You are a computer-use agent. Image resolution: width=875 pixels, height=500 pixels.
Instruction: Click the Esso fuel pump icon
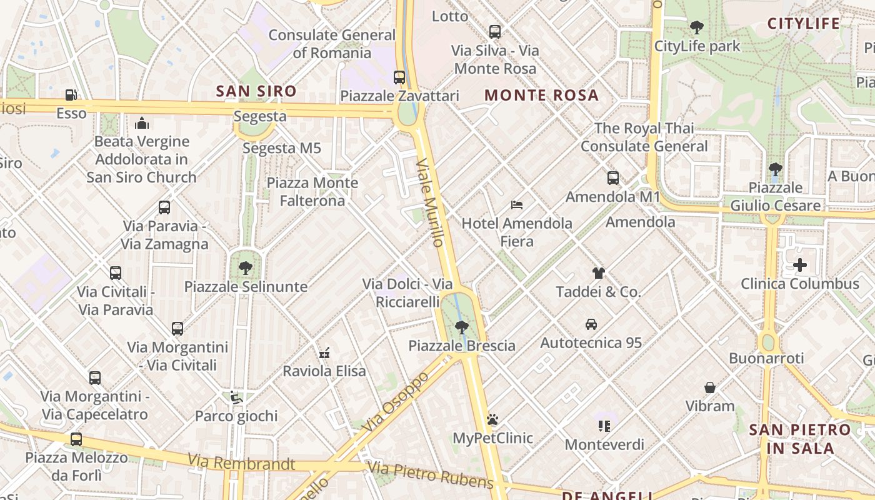(x=71, y=95)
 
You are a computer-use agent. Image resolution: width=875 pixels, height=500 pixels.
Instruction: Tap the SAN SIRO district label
(x=256, y=91)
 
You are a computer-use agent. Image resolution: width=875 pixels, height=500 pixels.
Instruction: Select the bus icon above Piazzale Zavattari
(x=399, y=77)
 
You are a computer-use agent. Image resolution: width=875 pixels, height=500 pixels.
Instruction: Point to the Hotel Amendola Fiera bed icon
(x=517, y=204)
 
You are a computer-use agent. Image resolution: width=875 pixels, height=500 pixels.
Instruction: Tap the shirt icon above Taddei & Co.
(x=599, y=272)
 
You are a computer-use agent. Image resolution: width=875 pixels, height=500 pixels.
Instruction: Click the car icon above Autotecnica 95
(x=591, y=324)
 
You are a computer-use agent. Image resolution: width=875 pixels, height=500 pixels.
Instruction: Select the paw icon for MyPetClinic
(x=492, y=419)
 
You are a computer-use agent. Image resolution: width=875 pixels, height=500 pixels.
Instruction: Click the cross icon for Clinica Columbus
(x=800, y=265)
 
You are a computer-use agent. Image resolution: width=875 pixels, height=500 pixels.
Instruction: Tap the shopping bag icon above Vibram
(x=710, y=387)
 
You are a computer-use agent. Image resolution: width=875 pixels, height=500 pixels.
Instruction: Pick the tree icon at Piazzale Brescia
(x=462, y=327)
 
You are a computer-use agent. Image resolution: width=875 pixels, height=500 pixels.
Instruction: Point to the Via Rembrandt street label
(x=241, y=462)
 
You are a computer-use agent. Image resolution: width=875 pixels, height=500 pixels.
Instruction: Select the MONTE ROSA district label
(x=541, y=96)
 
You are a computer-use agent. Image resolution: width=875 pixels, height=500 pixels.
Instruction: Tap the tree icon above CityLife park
(x=697, y=27)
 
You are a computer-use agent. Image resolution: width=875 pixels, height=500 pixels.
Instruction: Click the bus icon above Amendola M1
(x=613, y=178)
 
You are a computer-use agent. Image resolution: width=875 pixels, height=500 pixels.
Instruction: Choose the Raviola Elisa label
(x=324, y=371)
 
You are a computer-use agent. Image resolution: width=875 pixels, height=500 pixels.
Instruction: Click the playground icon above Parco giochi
(x=236, y=397)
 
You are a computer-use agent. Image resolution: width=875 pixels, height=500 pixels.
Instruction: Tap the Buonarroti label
(x=766, y=358)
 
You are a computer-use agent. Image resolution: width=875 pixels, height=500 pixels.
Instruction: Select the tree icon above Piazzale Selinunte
(x=246, y=268)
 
